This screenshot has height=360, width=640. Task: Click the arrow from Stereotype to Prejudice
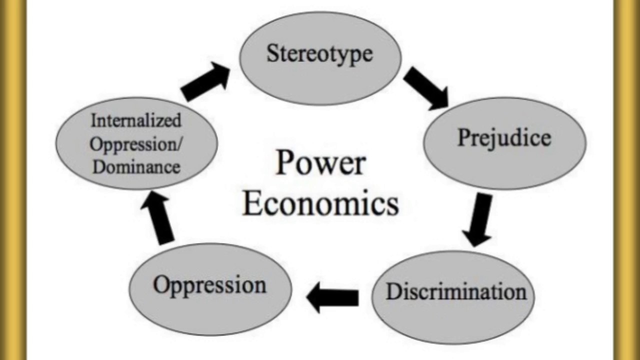(425, 88)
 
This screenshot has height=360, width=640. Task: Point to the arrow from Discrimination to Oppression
(332, 297)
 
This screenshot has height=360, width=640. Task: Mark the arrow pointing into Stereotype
(205, 81)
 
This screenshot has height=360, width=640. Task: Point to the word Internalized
(135, 120)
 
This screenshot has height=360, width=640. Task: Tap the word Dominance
(136, 167)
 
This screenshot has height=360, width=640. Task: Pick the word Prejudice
(504, 138)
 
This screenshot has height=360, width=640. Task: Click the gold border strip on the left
(13, 180)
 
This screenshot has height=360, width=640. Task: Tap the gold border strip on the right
(627, 180)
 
